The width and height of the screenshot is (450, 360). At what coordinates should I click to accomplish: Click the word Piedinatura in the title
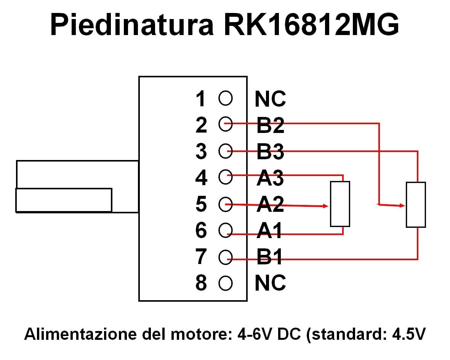click(132, 24)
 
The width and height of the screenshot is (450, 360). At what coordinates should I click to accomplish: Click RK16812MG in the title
click(311, 24)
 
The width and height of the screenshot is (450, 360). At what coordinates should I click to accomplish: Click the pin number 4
click(201, 178)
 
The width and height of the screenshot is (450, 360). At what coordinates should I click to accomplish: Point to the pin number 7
click(201, 256)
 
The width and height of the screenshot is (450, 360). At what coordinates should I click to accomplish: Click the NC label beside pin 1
click(270, 99)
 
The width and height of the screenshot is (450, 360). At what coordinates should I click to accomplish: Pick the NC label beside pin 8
click(270, 283)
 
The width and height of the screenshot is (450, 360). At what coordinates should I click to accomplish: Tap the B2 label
click(270, 125)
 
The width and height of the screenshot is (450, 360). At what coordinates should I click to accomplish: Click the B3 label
click(270, 152)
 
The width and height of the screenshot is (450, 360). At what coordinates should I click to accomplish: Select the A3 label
click(270, 178)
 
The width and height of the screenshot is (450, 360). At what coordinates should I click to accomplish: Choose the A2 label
click(270, 204)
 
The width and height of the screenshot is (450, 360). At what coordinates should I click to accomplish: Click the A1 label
click(269, 230)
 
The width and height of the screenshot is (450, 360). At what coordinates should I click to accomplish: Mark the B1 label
click(269, 256)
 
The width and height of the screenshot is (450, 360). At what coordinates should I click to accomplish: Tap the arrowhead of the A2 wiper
click(325, 206)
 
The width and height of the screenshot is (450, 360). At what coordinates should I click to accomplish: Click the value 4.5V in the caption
click(409, 334)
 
